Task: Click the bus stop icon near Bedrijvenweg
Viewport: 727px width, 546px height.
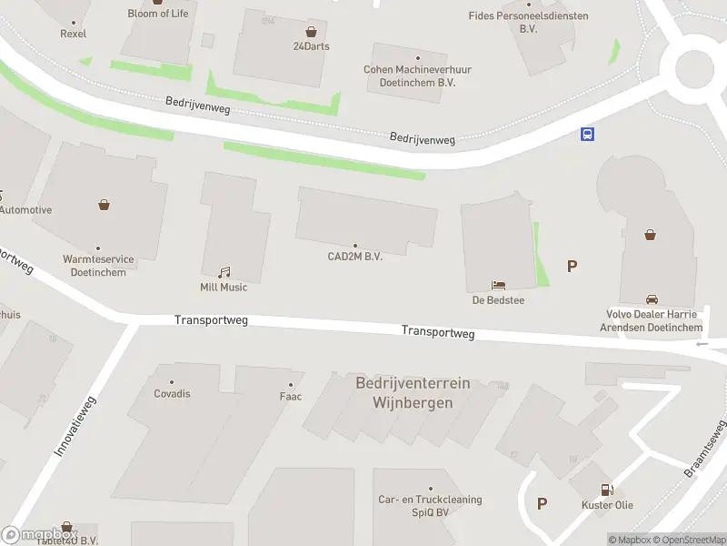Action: coord(588,135)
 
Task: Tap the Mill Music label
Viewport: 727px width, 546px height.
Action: coord(224,288)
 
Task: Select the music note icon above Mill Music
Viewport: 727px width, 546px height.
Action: coord(224,272)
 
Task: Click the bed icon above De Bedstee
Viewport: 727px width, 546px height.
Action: coord(498,286)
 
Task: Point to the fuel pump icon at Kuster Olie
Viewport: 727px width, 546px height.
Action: coord(607,490)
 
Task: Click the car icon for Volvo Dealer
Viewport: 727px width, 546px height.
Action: coord(652,299)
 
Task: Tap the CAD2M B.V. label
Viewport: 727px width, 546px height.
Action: coord(354,257)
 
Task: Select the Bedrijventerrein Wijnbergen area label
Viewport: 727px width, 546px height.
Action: coord(413,393)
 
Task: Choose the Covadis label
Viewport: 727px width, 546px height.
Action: coord(172,394)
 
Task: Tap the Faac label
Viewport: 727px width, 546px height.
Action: coord(291,397)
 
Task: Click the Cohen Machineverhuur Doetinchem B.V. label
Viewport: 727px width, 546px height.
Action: coord(409,76)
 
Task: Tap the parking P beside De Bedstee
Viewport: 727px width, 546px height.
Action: coord(573,267)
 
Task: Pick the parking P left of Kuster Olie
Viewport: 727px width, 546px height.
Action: coord(543,503)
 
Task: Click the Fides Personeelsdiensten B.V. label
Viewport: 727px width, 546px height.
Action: coord(528,22)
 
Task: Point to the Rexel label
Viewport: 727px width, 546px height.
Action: coord(73,34)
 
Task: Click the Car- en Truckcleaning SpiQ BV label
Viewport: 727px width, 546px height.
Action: coord(430,506)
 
